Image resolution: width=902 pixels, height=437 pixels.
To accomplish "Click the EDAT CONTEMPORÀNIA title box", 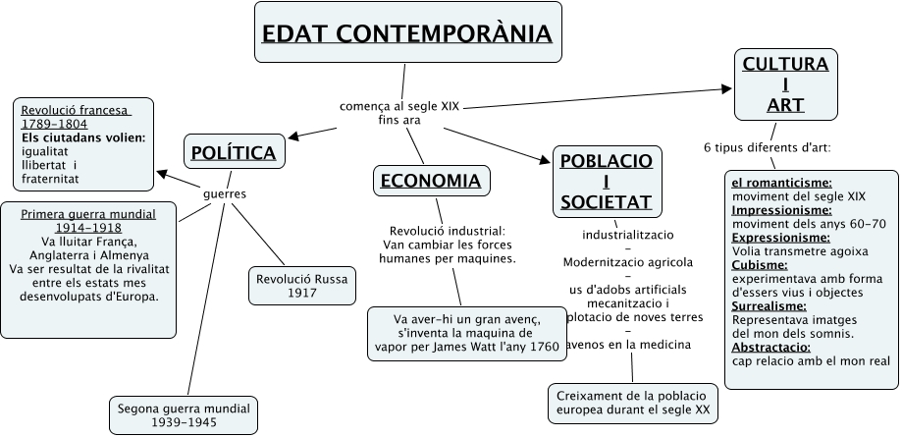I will (x=407, y=34).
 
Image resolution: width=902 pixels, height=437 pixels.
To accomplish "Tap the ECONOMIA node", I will (x=431, y=180).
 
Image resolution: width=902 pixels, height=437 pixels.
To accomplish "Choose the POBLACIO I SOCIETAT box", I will (x=606, y=181).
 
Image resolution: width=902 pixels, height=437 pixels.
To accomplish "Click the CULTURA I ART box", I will (x=785, y=84).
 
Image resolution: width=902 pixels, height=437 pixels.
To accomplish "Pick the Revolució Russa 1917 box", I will (x=301, y=286).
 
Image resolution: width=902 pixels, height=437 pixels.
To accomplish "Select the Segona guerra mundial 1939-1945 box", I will (x=184, y=415).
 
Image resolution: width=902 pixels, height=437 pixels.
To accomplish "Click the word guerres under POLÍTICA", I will (x=224, y=193).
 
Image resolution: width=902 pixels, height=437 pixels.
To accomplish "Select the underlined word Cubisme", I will (x=761, y=265).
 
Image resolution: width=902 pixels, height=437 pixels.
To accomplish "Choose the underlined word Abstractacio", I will (x=771, y=348).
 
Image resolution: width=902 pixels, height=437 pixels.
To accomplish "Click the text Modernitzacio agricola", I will (x=628, y=262).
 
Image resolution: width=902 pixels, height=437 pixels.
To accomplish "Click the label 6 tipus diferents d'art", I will (x=768, y=148).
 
